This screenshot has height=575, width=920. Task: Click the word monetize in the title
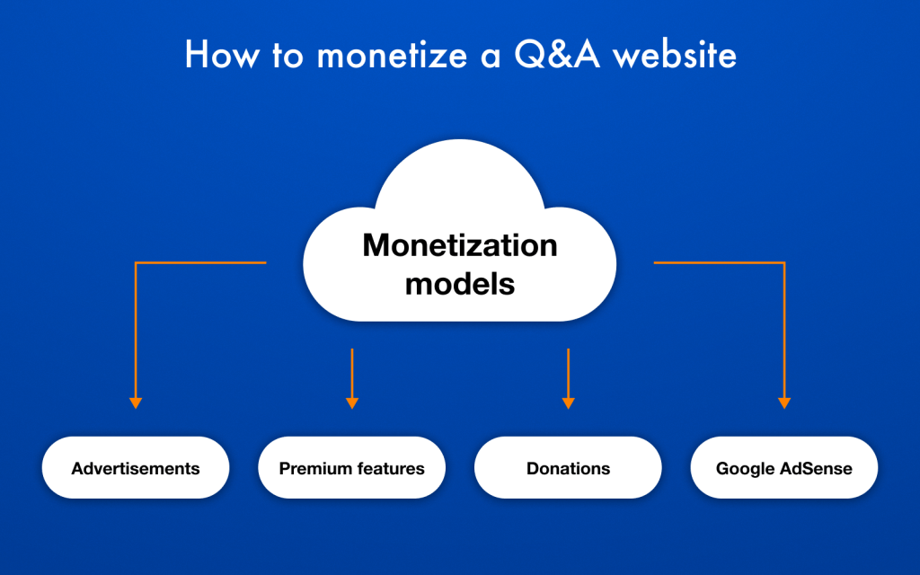point(392,55)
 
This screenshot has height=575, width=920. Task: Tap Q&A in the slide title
point(557,54)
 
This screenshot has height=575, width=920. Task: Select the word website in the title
point(674,55)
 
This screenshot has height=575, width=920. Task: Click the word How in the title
point(222,55)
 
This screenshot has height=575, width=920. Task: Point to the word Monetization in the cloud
point(460,244)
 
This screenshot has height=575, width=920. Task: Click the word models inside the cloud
point(460,283)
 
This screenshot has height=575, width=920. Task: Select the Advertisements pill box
point(136,467)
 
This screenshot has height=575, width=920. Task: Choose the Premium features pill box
point(352,467)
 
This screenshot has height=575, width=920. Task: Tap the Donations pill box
point(568,467)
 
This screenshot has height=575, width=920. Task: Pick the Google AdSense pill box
point(783,467)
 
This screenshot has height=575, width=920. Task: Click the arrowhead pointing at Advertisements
point(136,403)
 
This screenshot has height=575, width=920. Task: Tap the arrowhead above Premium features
point(352,403)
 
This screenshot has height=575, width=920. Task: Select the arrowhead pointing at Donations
point(568,403)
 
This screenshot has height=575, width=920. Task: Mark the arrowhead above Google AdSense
point(783,403)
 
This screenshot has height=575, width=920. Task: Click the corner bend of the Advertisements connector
point(136,262)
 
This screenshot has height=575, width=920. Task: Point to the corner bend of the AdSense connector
point(783,262)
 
